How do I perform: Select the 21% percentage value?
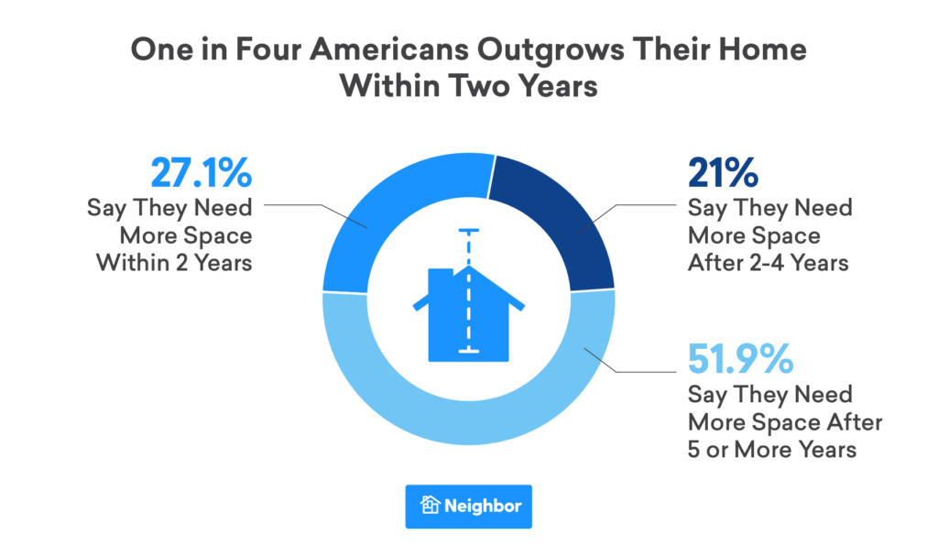click(x=724, y=175)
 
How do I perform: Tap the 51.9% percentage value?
click(x=739, y=360)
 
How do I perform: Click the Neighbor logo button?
click(x=468, y=506)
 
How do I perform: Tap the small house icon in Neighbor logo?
click(x=431, y=506)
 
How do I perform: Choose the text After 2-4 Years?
click(x=768, y=263)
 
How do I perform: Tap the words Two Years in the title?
click(x=537, y=88)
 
